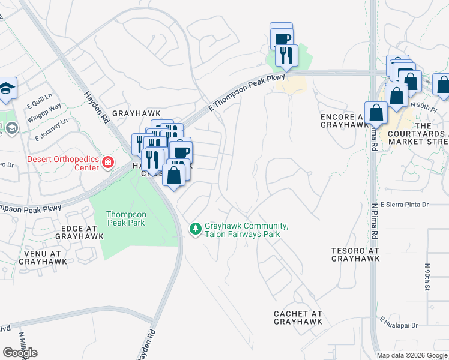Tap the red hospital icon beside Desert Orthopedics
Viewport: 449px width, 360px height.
click(107, 162)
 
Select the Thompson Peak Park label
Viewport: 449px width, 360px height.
click(125, 218)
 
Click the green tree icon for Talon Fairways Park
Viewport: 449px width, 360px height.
click(195, 229)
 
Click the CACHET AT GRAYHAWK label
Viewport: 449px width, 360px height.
click(298, 317)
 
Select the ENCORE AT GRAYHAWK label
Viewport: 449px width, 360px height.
click(343, 121)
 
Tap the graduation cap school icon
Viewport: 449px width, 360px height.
click(7, 88)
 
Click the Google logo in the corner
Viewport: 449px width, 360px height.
click(20, 352)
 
